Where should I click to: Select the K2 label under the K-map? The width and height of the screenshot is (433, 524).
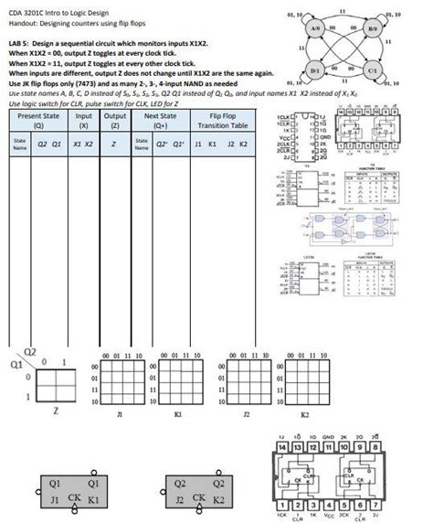tap(305, 414)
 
